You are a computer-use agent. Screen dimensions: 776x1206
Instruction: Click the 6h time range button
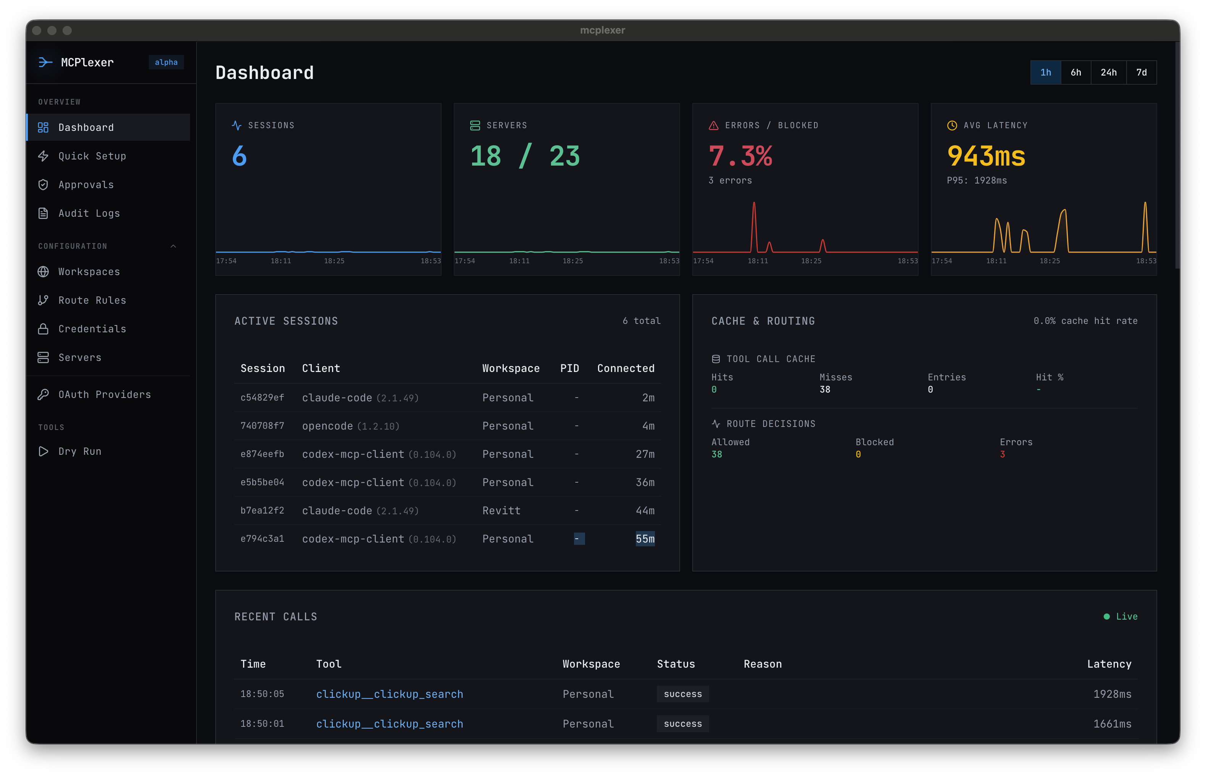click(1075, 72)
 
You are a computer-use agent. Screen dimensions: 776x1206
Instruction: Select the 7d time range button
click(1141, 72)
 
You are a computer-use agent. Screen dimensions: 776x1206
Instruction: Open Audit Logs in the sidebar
click(89, 213)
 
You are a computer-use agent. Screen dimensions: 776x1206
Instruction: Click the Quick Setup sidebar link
click(92, 156)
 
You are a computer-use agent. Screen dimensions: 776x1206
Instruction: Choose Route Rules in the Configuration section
click(92, 300)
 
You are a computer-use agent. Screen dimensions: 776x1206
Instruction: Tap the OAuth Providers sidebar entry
click(104, 394)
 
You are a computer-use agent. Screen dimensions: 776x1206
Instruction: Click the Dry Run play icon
click(44, 451)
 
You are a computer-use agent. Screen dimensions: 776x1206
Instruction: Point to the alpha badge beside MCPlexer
click(166, 63)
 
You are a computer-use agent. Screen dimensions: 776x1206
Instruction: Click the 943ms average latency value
click(986, 156)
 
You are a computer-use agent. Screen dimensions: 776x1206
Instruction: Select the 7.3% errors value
click(740, 156)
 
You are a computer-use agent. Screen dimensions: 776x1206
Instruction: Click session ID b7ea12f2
click(262, 510)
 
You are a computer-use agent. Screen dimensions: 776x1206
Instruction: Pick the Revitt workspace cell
click(501, 510)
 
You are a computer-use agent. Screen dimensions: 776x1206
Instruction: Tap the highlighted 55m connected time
click(645, 539)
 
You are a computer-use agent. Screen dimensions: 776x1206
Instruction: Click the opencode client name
click(327, 426)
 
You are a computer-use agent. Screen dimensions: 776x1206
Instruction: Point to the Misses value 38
click(824, 390)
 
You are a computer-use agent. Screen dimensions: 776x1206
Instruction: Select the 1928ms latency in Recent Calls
click(1112, 694)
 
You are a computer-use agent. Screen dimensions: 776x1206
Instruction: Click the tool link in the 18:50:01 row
click(389, 724)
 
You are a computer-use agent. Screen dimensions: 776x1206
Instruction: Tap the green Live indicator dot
click(1106, 617)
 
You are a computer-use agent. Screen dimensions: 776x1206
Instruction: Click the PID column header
click(569, 368)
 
